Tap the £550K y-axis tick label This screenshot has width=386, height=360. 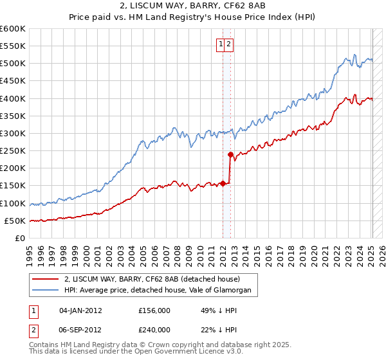tap(13, 46)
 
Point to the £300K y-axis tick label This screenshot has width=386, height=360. tap(13, 133)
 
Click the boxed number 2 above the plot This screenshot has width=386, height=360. tap(229, 44)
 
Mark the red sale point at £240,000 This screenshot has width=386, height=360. tap(230, 154)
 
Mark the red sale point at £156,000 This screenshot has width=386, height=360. tap(223, 183)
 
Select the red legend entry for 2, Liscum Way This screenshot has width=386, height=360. tap(152, 280)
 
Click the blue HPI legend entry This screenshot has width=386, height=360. tap(161, 291)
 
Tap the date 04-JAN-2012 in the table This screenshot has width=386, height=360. tap(80, 310)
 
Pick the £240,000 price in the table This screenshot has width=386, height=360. tap(154, 329)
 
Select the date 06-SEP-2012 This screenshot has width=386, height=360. tap(80, 329)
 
